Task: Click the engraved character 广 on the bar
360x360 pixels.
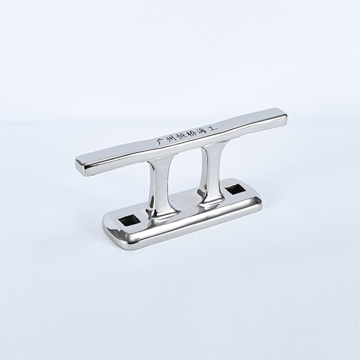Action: [158, 142]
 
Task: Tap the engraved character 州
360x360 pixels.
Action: [170, 139]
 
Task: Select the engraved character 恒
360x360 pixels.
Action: [181, 136]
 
